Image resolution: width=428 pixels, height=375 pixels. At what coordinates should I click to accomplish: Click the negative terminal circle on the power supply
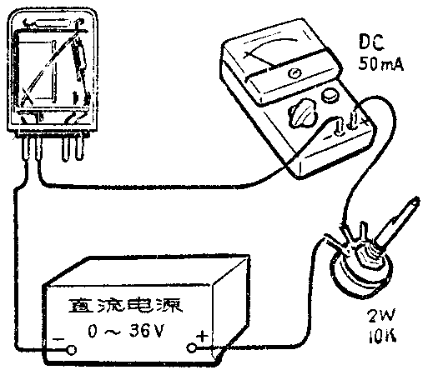pyautogui.click(x=72, y=349)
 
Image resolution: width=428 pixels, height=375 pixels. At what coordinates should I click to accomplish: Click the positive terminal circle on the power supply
pyautogui.click(x=192, y=347)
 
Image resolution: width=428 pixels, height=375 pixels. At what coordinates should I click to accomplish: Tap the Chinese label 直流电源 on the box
pyautogui.click(x=125, y=306)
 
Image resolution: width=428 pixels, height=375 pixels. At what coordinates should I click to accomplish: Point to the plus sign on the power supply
pyautogui.click(x=202, y=336)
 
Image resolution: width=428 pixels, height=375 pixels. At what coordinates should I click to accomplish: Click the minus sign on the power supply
pyautogui.click(x=58, y=339)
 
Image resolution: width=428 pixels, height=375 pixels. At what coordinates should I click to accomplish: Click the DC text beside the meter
pyautogui.click(x=371, y=42)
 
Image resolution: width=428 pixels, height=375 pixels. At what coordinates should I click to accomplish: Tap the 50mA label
pyautogui.click(x=380, y=64)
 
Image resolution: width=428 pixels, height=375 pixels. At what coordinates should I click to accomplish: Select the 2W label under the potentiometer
pyautogui.click(x=381, y=317)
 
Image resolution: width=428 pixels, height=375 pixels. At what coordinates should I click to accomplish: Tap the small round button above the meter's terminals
pyautogui.click(x=330, y=95)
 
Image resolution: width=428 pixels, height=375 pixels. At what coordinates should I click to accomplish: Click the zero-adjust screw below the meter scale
pyautogui.click(x=295, y=73)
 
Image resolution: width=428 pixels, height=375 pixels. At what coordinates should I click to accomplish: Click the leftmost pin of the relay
pyautogui.click(x=26, y=148)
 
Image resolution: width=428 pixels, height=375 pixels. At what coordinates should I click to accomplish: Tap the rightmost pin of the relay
pyautogui.click(x=80, y=147)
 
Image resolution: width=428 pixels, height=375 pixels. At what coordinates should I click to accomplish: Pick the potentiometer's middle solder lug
pyautogui.click(x=363, y=232)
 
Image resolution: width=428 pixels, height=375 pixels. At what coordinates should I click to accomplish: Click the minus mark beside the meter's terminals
pyautogui.click(x=328, y=137)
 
